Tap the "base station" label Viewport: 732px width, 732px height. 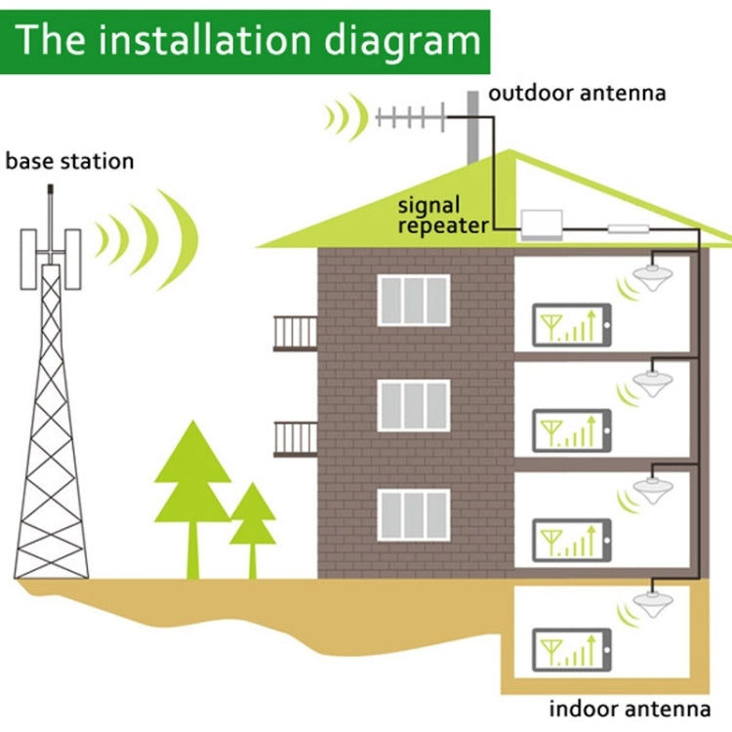tap(69, 161)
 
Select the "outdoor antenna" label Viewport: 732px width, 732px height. tap(577, 94)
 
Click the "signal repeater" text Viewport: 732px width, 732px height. tap(442, 216)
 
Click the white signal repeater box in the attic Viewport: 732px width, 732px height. tap(550, 224)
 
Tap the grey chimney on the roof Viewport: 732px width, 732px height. tap(473, 127)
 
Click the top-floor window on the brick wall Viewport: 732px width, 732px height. tap(414, 300)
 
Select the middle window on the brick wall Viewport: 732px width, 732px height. tap(414, 405)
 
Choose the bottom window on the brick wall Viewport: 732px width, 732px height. tap(414, 514)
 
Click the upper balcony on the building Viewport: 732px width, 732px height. tap(295, 333)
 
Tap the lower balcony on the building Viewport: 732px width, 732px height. tap(295, 438)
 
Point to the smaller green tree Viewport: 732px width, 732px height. tap(253, 517)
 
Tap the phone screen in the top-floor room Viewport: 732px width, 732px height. tap(572, 325)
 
